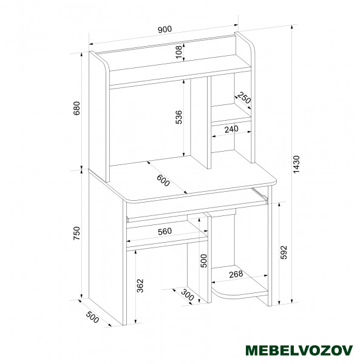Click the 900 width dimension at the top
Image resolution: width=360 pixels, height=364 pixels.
pos(165,30)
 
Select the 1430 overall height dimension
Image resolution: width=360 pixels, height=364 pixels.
pos(297,164)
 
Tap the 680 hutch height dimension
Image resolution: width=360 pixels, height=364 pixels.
pos(76,108)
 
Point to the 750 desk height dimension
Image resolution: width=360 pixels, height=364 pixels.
pos(76,234)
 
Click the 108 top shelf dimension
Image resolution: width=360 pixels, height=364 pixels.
pos(179,52)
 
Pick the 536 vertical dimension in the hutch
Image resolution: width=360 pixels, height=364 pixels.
pos(179,117)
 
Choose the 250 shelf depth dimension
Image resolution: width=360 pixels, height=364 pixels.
pos(244,98)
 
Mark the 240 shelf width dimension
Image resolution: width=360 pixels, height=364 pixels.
pos(231,129)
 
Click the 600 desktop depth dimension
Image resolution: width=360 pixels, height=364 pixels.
pos(163,180)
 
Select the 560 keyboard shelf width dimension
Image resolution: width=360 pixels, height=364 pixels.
pos(165,232)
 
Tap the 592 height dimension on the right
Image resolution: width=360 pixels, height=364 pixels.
pos(284,252)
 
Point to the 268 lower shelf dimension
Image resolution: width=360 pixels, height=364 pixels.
pos(236,274)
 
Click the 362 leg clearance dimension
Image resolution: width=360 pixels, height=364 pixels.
pos(140,286)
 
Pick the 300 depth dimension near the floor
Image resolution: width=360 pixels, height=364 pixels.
pos(187,295)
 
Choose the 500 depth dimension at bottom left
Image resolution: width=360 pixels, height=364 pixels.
pos(92,317)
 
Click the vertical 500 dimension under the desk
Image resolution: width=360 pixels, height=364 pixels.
pos(204,261)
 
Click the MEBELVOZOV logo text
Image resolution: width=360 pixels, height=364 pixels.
pos(299,350)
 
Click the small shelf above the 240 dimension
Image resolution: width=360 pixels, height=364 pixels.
pos(231,113)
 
